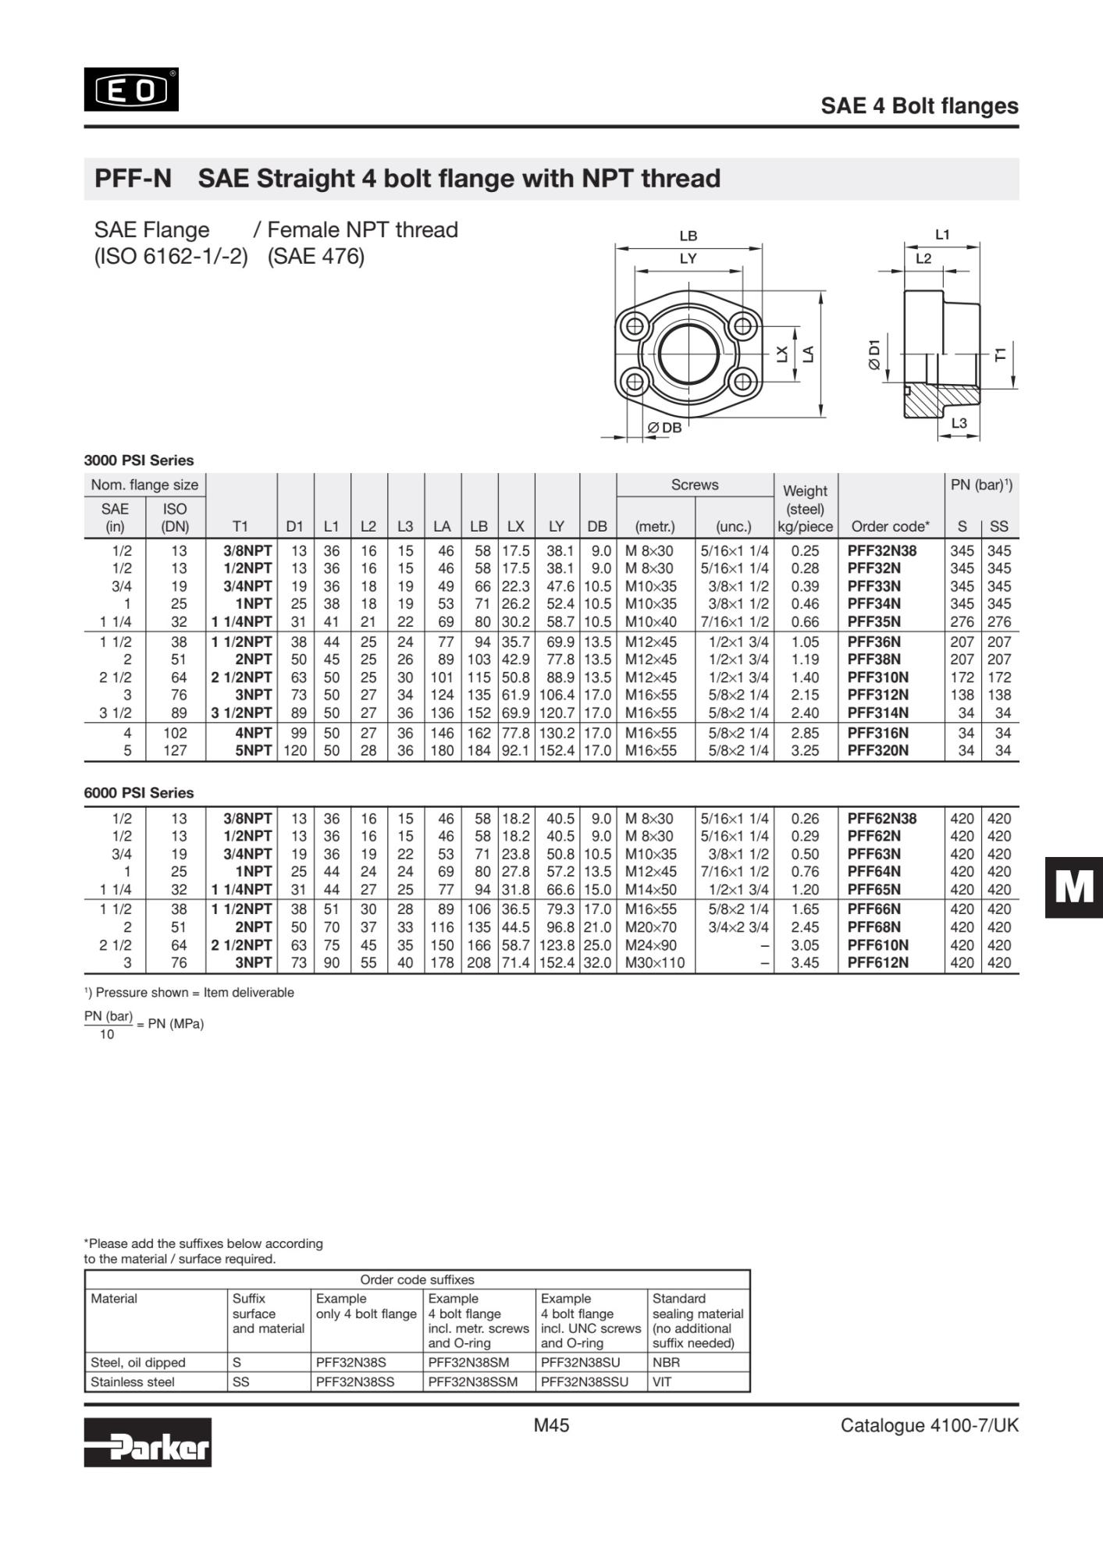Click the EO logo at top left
tap(131, 90)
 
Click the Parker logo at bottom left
tap(148, 1442)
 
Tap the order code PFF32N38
tap(881, 551)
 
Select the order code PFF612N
tap(877, 962)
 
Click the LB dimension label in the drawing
tap(688, 236)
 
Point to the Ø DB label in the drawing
tap(664, 428)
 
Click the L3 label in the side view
tap(959, 424)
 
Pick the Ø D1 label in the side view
tap(874, 354)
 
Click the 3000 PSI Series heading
tap(139, 460)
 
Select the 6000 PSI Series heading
tap(139, 793)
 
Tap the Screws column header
tap(694, 485)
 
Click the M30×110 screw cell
tap(654, 962)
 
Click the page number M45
tap(551, 1426)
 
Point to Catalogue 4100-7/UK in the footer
tap(929, 1426)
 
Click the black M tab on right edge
tap(1074, 887)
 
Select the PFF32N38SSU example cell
tap(584, 1382)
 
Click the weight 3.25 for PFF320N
tap(805, 751)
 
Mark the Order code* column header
tap(890, 527)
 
